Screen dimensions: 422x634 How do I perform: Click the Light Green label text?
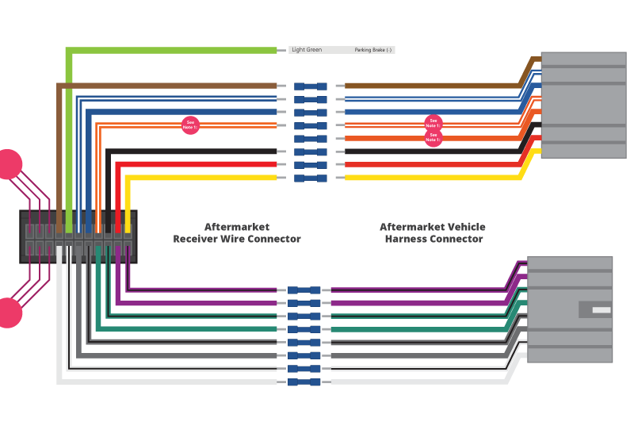coord(307,50)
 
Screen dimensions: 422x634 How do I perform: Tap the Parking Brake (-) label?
coord(372,50)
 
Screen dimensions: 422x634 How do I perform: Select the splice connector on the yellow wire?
coord(310,178)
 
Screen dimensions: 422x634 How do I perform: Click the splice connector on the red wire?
coord(310,165)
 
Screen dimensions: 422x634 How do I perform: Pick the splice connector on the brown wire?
coord(310,86)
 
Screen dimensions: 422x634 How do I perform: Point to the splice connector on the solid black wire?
coord(310,152)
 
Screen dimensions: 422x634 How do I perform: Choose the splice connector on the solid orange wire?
coord(310,139)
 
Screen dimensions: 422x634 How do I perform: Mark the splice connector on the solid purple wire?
coord(304,303)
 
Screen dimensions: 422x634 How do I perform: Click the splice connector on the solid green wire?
coord(304,329)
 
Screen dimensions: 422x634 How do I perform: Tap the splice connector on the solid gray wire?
coord(304,355)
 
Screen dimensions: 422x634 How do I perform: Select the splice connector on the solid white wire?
coord(304,382)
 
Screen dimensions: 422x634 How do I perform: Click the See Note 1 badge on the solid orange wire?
coord(433,138)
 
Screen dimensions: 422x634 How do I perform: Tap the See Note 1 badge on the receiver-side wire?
coord(190,125)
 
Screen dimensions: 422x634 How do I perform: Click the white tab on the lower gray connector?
coord(602,309)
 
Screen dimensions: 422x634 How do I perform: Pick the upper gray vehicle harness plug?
coord(583,105)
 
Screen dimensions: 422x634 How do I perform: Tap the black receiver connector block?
coord(78,236)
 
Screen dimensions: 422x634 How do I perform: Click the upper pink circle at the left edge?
coord(8,164)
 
